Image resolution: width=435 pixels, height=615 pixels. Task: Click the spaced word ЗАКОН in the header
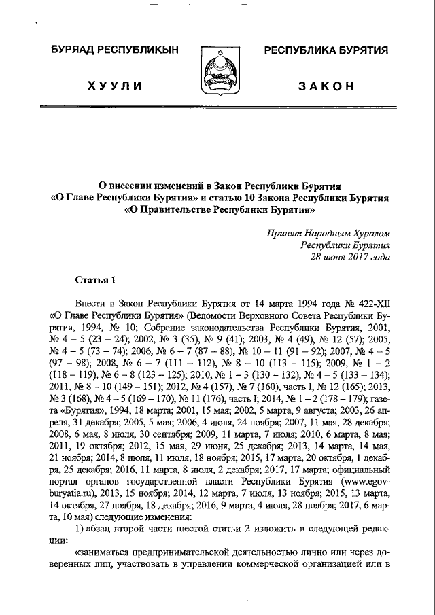(326, 86)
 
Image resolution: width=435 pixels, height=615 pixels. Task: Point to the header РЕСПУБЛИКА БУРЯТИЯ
(326, 50)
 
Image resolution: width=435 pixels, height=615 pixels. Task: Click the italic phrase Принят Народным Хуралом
(330, 234)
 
